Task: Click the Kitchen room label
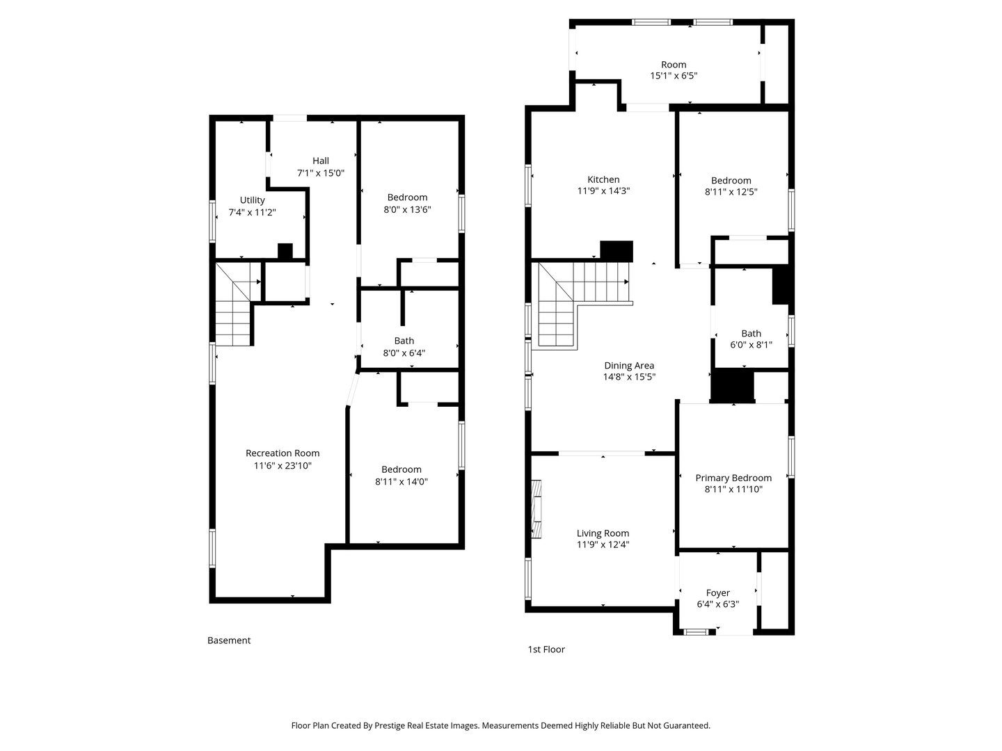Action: tap(603, 179)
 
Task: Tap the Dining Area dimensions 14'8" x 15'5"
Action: tap(629, 377)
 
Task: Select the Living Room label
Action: tap(603, 533)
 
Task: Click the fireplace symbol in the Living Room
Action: tap(536, 509)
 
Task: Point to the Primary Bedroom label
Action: tap(733, 478)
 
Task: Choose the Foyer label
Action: tap(717, 593)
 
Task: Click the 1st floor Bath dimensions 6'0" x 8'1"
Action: tap(751, 344)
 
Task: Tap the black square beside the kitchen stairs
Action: tap(617, 251)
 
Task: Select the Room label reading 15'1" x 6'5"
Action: tap(674, 65)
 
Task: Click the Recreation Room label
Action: tap(283, 453)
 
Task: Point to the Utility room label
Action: tap(252, 200)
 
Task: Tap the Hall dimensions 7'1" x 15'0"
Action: tap(321, 173)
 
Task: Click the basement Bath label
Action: tap(404, 341)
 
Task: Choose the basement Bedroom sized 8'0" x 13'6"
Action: tap(407, 197)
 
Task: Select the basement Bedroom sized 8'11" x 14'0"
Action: tap(401, 469)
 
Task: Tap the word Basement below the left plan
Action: tap(229, 640)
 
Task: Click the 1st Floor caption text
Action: tap(546, 649)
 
